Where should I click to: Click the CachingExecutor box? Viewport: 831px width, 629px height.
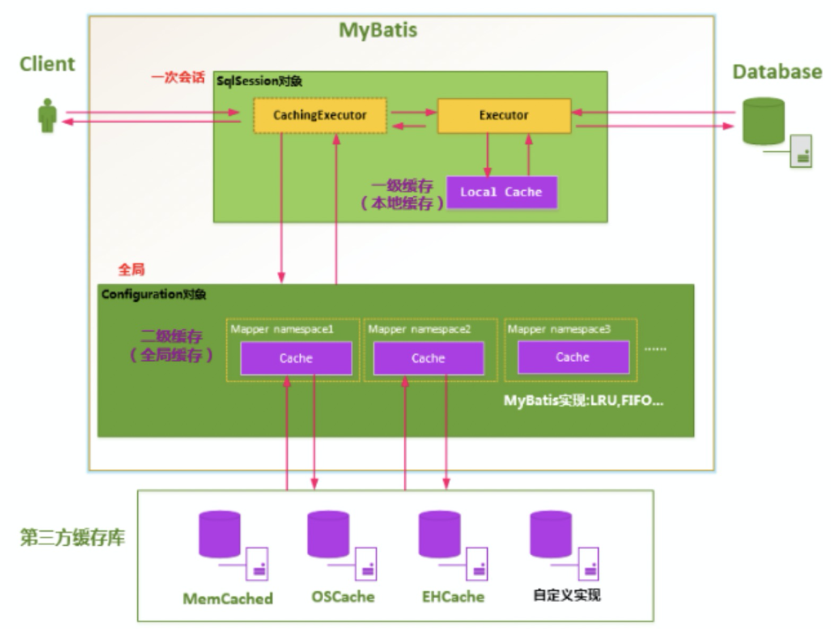pyautogui.click(x=320, y=115)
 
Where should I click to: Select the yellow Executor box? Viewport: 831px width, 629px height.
pyautogui.click(x=504, y=115)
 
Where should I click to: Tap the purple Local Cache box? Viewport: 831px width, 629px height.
pyautogui.click(x=502, y=192)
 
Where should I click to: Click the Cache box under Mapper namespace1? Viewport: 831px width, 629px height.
pyautogui.click(x=296, y=358)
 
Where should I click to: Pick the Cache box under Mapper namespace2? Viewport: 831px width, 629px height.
pyautogui.click(x=429, y=358)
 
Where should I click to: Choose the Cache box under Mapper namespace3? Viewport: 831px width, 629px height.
pyautogui.click(x=573, y=357)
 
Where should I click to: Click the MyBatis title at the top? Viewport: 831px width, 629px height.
pyautogui.click(x=378, y=30)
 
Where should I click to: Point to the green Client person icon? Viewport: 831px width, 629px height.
pyautogui.click(x=48, y=115)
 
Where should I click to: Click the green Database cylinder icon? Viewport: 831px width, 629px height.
pyautogui.click(x=763, y=121)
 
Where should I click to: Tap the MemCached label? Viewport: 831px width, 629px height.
pyautogui.click(x=228, y=599)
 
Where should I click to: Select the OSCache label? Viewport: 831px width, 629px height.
pyautogui.click(x=343, y=597)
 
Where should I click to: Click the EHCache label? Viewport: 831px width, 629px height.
pyautogui.click(x=453, y=597)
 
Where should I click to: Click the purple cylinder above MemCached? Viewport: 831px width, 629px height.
pyautogui.click(x=219, y=534)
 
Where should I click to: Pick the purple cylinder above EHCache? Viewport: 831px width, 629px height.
pyautogui.click(x=439, y=534)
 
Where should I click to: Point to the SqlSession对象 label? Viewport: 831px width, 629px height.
pyautogui.click(x=259, y=81)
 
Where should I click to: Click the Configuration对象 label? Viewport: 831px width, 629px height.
pyautogui.click(x=154, y=294)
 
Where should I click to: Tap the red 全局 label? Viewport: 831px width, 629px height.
pyautogui.click(x=132, y=269)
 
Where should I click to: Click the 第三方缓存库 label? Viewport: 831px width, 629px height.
pyautogui.click(x=72, y=537)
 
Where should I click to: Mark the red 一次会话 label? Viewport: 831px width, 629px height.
pyautogui.click(x=178, y=78)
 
